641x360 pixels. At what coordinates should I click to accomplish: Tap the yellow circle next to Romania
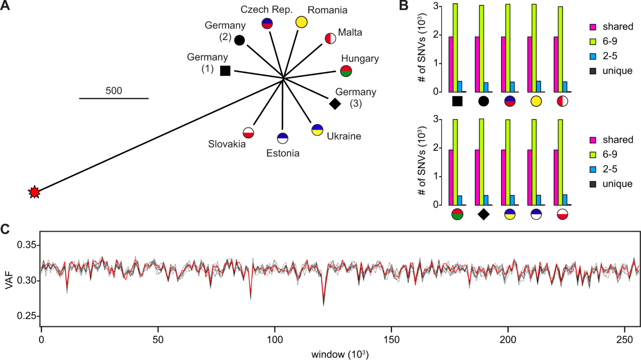point(301,22)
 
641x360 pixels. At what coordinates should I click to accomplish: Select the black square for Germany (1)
point(225,70)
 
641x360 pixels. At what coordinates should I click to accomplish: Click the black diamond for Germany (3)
point(335,103)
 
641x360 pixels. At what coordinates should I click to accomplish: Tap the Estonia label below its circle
point(283,154)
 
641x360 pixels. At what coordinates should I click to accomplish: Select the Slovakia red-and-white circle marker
point(248,132)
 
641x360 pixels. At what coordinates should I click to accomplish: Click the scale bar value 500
point(114,90)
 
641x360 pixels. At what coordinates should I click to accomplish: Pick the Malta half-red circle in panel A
point(331,38)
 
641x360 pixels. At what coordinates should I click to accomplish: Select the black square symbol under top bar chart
point(457,101)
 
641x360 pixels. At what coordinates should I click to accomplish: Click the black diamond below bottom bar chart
point(483,214)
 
